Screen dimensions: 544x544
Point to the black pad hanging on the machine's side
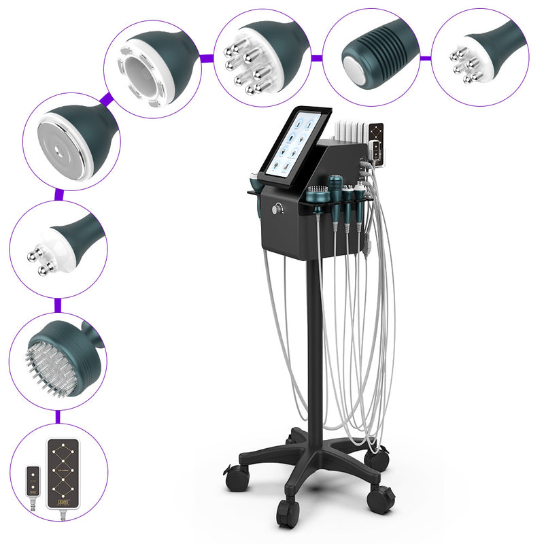(375, 146)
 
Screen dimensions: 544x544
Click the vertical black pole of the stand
(313, 340)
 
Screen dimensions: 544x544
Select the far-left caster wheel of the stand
(237, 477)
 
